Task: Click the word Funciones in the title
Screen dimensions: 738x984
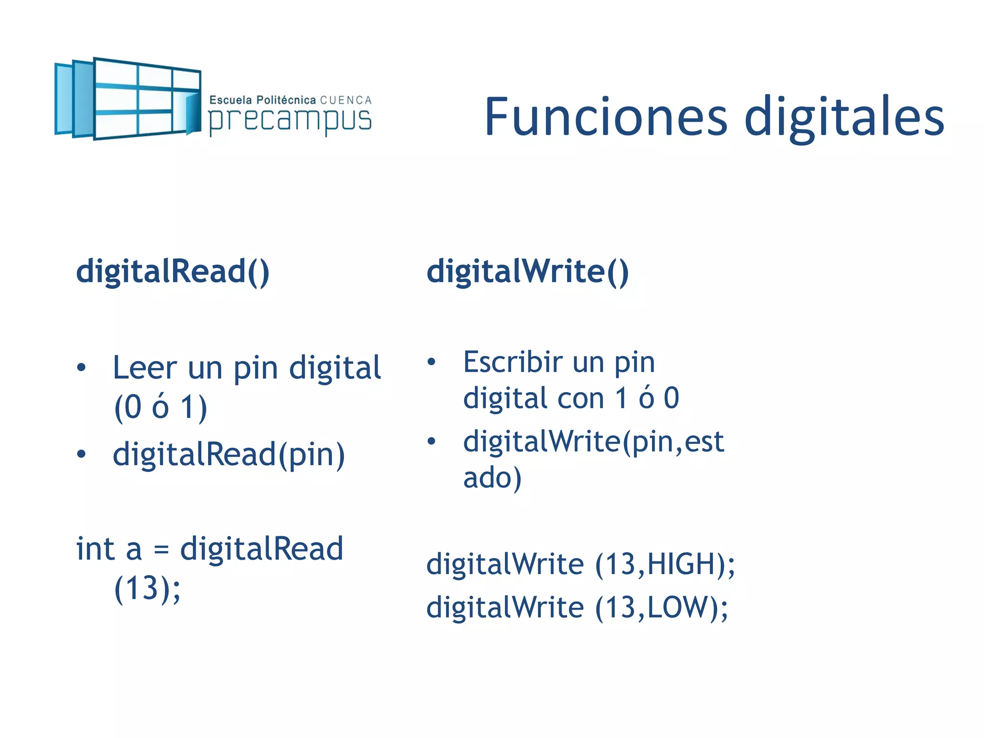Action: click(606, 117)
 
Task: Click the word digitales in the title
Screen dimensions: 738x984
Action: click(844, 117)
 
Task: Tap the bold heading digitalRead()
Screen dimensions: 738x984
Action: click(173, 271)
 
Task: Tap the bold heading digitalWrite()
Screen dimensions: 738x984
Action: click(528, 271)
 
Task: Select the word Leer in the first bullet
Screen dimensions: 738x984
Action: click(145, 368)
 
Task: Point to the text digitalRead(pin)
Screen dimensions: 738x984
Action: click(229, 455)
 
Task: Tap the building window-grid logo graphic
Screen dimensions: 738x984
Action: click(127, 98)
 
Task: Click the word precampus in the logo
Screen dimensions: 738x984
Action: click(290, 121)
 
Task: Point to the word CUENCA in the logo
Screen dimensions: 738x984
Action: click(346, 100)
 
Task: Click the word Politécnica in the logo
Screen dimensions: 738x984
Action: click(286, 100)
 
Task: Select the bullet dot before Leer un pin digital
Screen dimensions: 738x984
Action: click(81, 368)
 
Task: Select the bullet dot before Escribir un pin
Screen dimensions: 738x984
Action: click(431, 362)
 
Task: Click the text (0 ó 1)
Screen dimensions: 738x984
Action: click(160, 407)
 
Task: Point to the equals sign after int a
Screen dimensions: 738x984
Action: click(161, 550)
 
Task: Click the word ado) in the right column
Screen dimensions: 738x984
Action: click(492, 478)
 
